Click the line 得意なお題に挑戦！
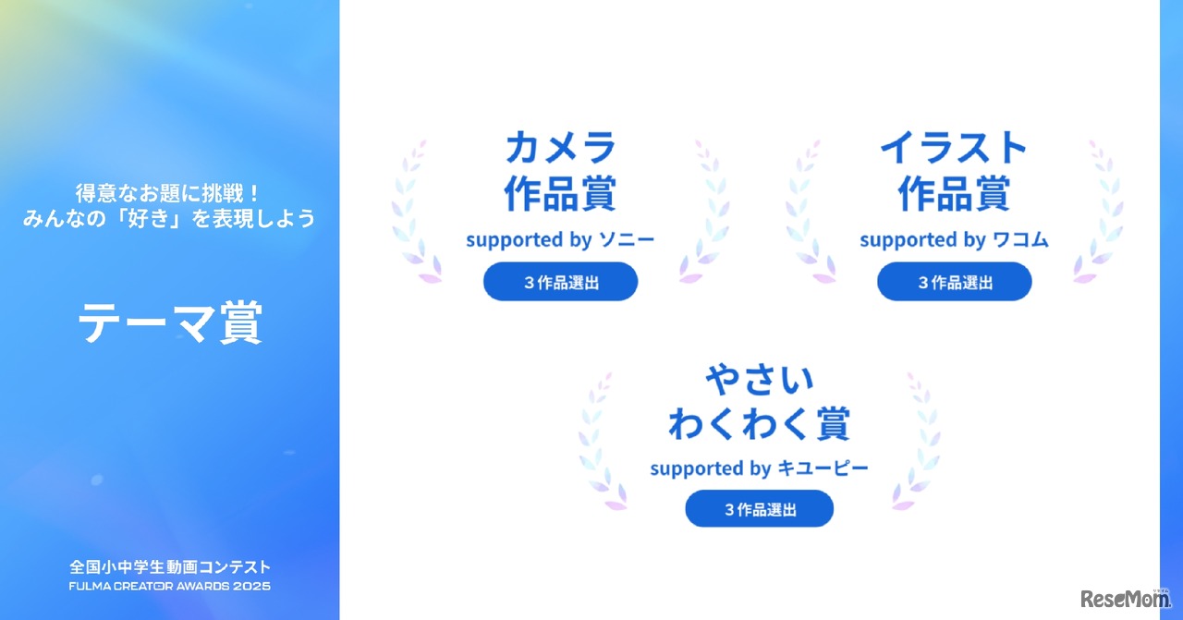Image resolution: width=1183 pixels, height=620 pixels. click(x=169, y=194)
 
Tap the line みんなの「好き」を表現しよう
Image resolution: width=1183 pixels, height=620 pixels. click(x=169, y=219)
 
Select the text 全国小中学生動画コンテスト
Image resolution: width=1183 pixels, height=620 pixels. click(x=169, y=567)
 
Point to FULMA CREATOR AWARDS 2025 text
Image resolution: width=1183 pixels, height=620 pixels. click(x=169, y=586)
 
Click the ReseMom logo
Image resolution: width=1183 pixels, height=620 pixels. click(x=1125, y=598)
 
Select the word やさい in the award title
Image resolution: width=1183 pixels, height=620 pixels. click(x=760, y=379)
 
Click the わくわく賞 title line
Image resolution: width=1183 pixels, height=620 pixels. click(x=760, y=424)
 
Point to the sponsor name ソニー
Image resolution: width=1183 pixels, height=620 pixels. click(x=627, y=240)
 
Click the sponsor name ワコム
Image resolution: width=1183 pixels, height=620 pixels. click(x=1021, y=240)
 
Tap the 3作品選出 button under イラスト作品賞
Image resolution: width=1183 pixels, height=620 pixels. click(x=954, y=282)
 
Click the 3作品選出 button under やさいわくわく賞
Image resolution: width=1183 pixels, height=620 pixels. click(x=760, y=509)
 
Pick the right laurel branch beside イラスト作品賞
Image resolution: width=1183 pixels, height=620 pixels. click(x=1101, y=213)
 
